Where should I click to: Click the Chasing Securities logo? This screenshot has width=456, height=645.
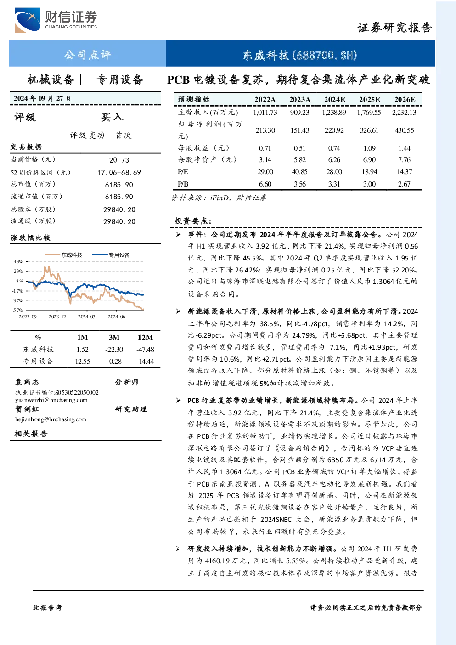coord(56,20)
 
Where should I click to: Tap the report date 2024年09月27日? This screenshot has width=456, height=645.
coord(42,98)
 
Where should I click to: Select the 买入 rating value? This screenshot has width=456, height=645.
coord(112,117)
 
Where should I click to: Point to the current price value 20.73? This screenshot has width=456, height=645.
coord(119,160)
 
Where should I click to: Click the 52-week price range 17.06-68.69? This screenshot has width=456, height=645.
coord(119,172)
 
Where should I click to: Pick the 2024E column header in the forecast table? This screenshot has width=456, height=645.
coord(334,100)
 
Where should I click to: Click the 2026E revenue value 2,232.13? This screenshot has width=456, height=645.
coord(404,112)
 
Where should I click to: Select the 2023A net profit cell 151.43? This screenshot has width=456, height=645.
coord(300,130)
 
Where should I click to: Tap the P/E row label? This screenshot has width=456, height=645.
coord(183,172)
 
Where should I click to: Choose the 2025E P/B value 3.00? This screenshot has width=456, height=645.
coord(369,184)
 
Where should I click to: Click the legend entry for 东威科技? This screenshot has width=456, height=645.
coord(64,255)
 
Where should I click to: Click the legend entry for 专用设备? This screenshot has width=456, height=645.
coord(111,255)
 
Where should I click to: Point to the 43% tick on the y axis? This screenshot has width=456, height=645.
coord(18,261)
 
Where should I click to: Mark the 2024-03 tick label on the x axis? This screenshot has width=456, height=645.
coord(86,317)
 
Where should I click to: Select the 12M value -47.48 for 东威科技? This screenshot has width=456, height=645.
coord(146,349)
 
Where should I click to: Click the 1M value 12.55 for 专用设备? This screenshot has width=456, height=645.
coord(83,362)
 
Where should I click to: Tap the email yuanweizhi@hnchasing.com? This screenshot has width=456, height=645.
coord(51,400)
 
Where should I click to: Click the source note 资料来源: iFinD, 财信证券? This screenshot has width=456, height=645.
coord(219,198)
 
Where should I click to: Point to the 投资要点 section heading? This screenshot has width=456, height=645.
coord(193,221)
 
